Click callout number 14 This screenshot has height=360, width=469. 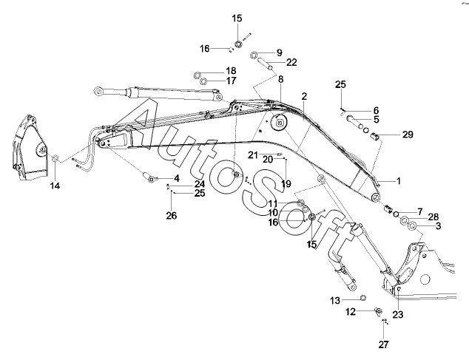coord(55,186)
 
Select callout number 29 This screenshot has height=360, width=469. coord(408,135)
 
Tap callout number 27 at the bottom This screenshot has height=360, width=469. coord(383,344)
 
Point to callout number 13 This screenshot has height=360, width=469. coord(335,300)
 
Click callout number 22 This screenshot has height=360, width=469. coord(291,62)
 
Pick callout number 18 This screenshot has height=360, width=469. coord(231,71)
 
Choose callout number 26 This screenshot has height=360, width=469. coord(172,215)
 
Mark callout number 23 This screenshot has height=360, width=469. coord(398,315)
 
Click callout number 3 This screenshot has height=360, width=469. coord(438,225)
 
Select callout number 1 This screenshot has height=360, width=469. coord(399,181)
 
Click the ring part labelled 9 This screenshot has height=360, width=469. coord(254,55)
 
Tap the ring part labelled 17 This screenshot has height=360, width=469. coord(204,81)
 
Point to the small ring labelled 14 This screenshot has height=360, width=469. coord(55,158)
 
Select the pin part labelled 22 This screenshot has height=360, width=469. coord(266,64)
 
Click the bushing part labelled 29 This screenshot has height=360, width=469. coord(375,137)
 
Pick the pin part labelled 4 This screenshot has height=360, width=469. coord(149,177)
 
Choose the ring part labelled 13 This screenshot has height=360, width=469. coord(362,297)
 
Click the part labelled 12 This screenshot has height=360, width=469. coord(378,311)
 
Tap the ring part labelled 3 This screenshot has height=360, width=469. coord(412,225)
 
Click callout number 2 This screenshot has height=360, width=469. coord(304,97)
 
